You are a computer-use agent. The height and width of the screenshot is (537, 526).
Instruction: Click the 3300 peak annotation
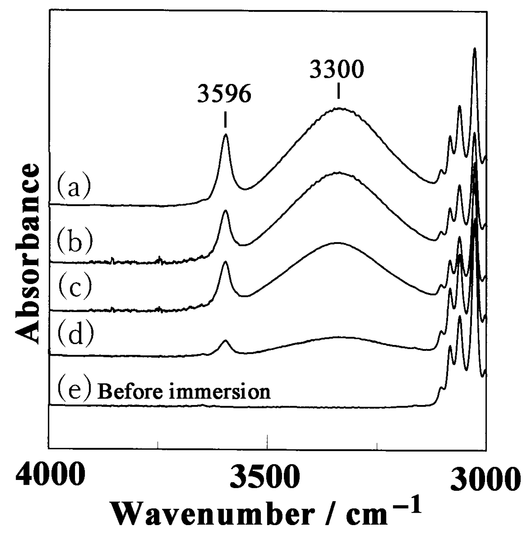click(x=336, y=70)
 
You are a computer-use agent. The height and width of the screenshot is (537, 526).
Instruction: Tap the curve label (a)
click(x=74, y=185)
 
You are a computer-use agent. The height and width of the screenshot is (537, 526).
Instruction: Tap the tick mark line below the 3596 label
click(x=225, y=120)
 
